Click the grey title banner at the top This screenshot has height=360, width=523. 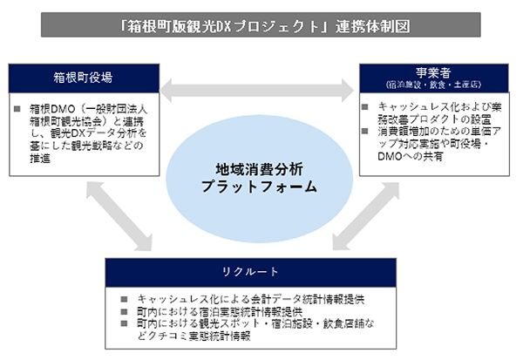point(261,24)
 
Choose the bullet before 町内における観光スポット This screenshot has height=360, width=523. point(127,323)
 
